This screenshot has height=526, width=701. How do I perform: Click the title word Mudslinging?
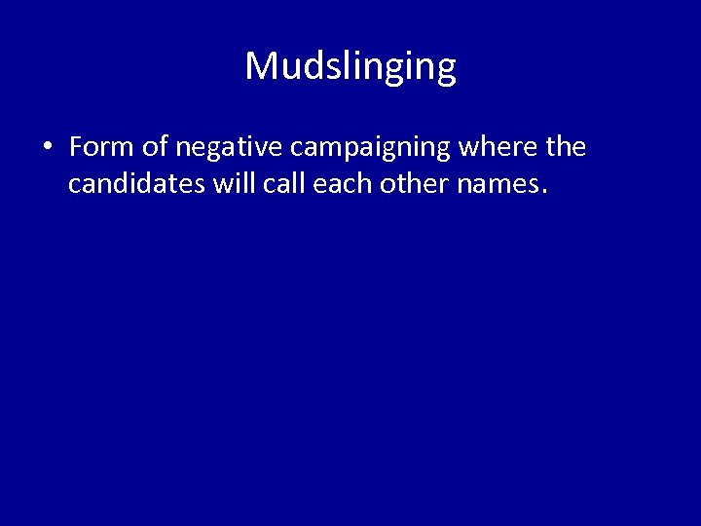350,67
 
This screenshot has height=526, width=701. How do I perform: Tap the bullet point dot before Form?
47,148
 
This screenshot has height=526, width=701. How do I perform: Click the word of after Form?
155,147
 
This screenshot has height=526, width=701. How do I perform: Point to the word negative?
230,149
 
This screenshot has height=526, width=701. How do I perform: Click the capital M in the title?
262,66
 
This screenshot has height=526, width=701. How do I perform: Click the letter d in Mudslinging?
314,66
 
